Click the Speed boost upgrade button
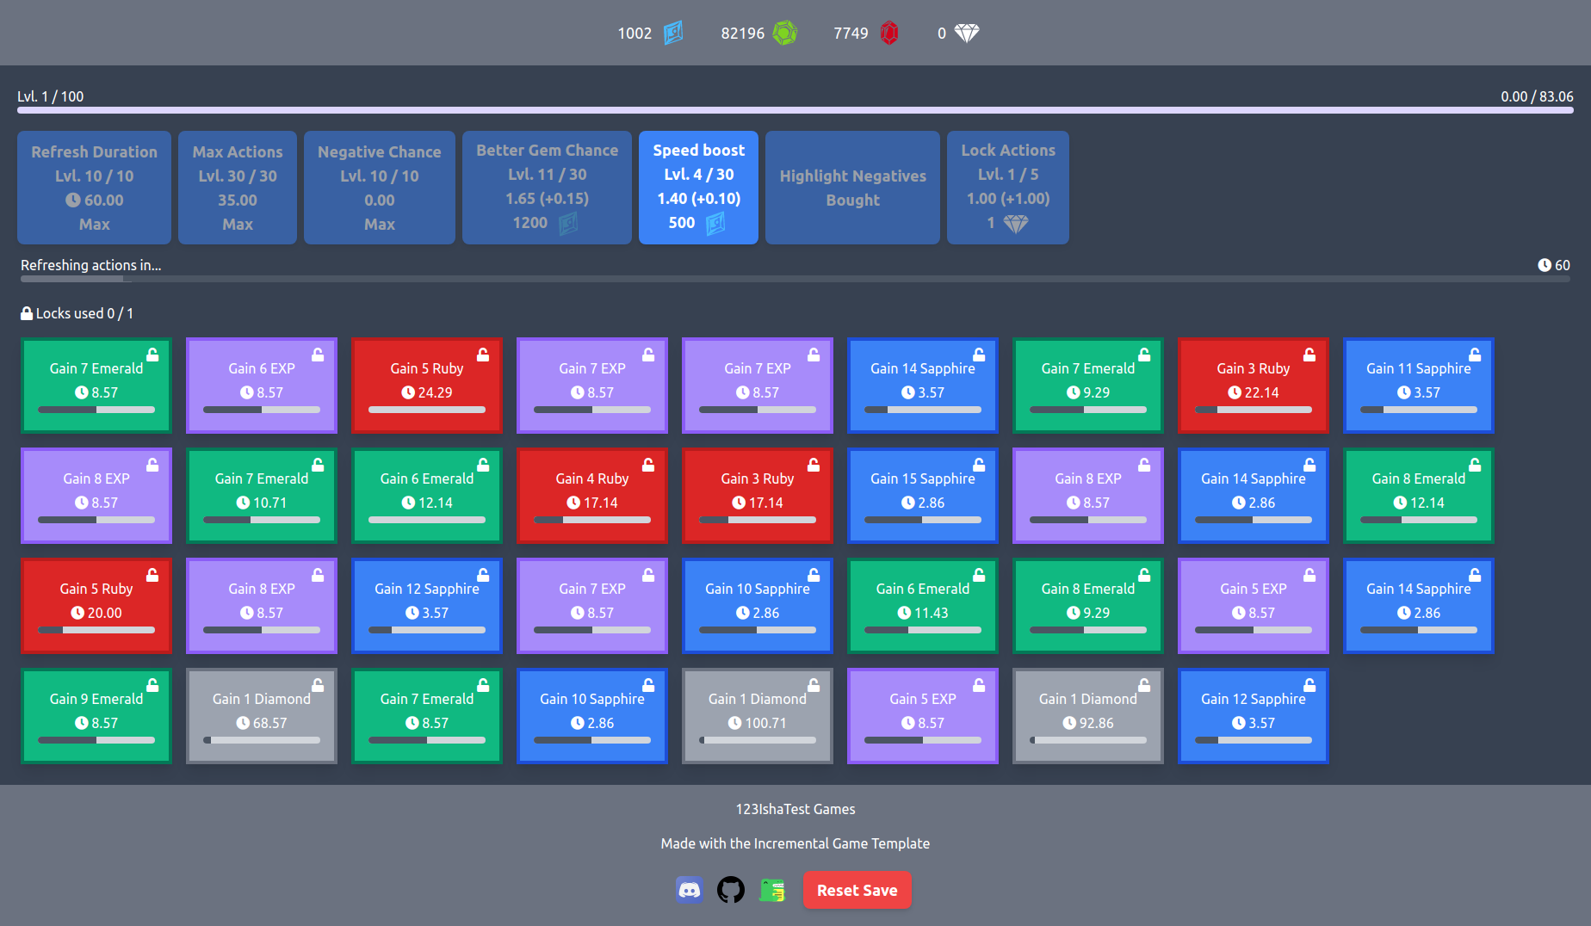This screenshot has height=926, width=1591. point(698,187)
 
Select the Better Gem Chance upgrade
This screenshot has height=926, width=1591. point(547,187)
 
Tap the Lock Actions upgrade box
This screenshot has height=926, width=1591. point(1007,187)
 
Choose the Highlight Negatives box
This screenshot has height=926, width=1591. point(852,187)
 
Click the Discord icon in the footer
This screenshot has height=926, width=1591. point(690,890)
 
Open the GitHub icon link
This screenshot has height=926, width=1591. point(731,890)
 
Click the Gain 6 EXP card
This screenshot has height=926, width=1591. point(262,385)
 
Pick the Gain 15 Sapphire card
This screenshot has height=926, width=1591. point(922,495)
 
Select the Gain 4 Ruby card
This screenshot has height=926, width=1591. point(591,495)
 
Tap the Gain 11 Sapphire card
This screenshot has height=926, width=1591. point(1418,385)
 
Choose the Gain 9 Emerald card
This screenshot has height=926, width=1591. point(96,715)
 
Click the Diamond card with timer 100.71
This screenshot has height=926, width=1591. point(757,715)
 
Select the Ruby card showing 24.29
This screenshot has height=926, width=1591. point(426,385)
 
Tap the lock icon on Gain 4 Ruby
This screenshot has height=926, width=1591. point(648,465)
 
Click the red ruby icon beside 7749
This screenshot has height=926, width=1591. point(889,34)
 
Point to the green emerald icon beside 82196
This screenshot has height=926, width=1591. point(784,34)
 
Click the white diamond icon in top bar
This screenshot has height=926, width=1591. point(967,34)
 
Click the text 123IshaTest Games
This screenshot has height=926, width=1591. point(795,809)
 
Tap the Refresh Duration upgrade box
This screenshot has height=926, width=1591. point(94,187)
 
